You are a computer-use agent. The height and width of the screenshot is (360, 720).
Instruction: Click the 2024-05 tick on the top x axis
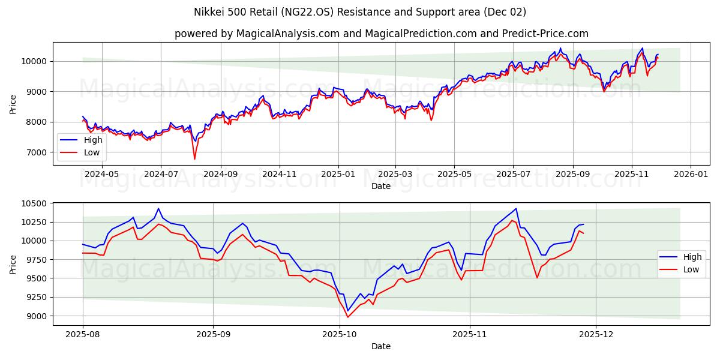tap(101, 174)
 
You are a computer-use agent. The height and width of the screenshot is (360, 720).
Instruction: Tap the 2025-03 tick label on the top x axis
tap(395, 174)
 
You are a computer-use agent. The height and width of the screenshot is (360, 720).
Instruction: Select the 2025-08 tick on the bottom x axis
tap(83, 334)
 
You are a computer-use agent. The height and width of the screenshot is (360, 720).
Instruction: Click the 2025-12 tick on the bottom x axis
tap(596, 334)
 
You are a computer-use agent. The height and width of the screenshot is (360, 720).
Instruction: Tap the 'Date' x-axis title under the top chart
tap(381, 186)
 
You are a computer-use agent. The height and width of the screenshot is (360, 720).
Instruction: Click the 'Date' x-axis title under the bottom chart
tap(381, 346)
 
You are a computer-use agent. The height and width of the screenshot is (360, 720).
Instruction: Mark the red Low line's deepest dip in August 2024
tap(194, 159)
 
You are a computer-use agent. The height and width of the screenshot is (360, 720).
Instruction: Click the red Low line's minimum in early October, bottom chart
tap(347, 317)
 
